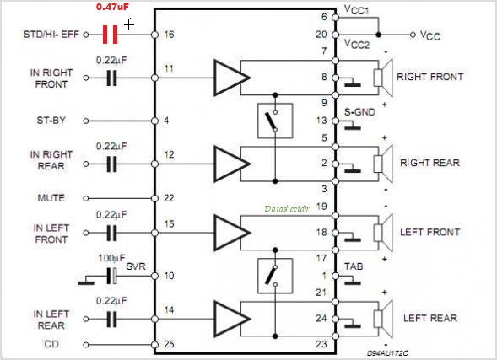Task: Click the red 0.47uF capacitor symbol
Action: click(111, 35)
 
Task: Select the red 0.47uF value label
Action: click(112, 7)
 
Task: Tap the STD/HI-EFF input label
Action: click(51, 35)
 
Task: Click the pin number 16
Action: click(169, 35)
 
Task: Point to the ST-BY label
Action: click(51, 121)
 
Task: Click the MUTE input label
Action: click(51, 198)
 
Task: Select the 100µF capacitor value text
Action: click(111, 258)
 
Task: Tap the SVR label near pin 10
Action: click(136, 266)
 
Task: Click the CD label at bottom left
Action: click(51, 344)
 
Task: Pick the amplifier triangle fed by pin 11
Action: click(232, 78)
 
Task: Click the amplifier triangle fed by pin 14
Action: click(232, 319)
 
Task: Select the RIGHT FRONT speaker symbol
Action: click(383, 78)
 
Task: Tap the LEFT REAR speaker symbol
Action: click(383, 319)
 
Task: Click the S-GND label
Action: click(359, 112)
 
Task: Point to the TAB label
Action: click(354, 266)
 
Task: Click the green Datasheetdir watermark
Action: click(287, 208)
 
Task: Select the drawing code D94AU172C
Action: click(387, 353)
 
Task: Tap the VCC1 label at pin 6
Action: click(357, 10)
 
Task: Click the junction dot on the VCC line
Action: click(378, 35)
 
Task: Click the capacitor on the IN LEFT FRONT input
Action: click(111, 233)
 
